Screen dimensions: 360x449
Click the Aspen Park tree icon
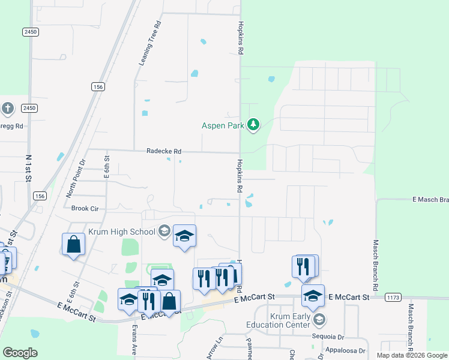point(254,125)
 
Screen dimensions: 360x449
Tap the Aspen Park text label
point(223,125)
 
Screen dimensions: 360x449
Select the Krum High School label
point(122,232)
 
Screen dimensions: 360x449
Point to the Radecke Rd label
point(164,152)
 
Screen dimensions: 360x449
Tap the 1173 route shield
point(394,297)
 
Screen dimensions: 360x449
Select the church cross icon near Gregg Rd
point(7,109)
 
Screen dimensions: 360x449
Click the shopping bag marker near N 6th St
point(73,245)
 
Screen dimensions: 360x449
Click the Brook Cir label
point(84,208)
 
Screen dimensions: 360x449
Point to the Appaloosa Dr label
point(345,350)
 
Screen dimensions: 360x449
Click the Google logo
point(20,353)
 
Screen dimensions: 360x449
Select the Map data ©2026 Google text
point(412,355)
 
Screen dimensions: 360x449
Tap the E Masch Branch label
point(430,199)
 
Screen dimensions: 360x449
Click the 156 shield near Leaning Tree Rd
point(98,87)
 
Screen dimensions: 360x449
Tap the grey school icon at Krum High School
point(164,232)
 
